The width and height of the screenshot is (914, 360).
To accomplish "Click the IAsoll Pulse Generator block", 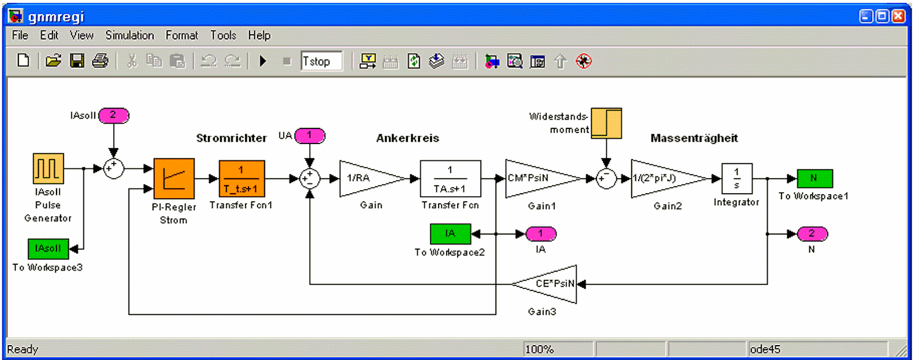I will pos(48,169).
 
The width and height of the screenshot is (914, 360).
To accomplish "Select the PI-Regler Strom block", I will pos(174,179).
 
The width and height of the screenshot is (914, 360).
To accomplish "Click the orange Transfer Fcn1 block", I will pos(242,179).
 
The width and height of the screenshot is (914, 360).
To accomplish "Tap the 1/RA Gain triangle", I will pos(366,179).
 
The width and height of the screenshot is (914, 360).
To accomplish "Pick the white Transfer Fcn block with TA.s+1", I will pos(450,179).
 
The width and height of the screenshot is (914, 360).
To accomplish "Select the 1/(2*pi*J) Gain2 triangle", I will pos(663,179).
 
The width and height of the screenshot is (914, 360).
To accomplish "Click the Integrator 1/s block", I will pos(736,178).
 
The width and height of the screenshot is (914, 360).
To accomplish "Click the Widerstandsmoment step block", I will pos(606,123).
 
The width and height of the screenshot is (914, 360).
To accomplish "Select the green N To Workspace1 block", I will pos(814,178).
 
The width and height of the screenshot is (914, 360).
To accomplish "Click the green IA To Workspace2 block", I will pos(450,234).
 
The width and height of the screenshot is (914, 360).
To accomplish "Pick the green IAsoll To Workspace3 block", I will pos(48,249).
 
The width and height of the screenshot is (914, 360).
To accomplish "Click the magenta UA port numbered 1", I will pos(310,135).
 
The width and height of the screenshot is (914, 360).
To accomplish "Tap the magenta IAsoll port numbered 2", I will pos(113,115).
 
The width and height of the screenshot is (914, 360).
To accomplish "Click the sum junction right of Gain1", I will pos(606,179).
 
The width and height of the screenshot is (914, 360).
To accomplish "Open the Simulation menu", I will pos(130,35).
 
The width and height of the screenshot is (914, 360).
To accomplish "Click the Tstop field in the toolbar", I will pos(322,61).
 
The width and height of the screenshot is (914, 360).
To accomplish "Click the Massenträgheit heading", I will pos(693,138).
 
